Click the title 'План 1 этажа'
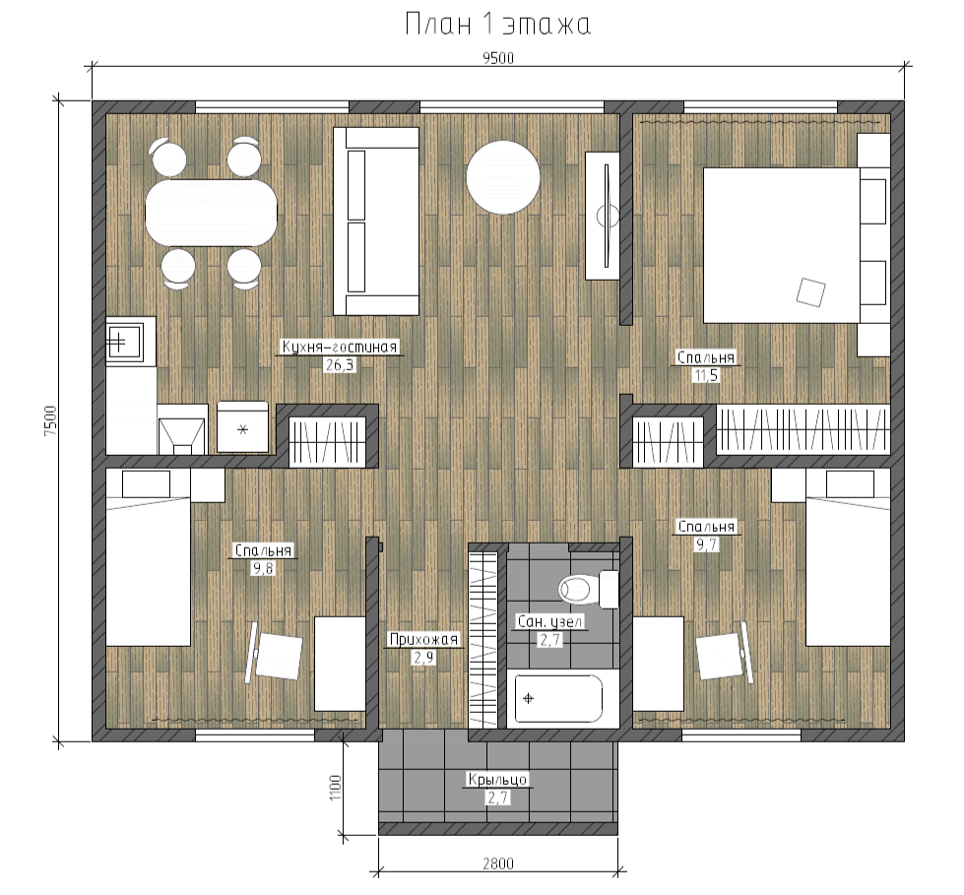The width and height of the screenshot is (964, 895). pyautogui.click(x=498, y=26)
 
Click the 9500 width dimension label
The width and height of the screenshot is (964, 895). pyautogui.click(x=498, y=58)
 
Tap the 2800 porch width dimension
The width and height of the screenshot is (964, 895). pyautogui.click(x=498, y=863)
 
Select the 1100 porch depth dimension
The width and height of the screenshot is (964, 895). pyautogui.click(x=335, y=788)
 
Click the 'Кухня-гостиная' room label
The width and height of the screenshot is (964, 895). pyautogui.click(x=340, y=347)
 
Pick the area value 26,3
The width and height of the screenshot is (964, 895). pyautogui.click(x=340, y=365)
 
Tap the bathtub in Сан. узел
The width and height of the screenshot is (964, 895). pyautogui.click(x=558, y=698)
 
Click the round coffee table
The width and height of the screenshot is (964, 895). pyautogui.click(x=503, y=177)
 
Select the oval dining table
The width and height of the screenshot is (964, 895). pyautogui.click(x=211, y=213)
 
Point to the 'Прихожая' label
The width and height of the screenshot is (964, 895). pyautogui.click(x=423, y=640)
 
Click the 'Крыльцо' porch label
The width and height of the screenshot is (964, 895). pyautogui.click(x=497, y=780)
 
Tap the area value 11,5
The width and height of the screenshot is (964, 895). pyautogui.click(x=706, y=375)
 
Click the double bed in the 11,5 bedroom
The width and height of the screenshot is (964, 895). pyautogui.click(x=782, y=245)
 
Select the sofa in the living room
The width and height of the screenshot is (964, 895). pyautogui.click(x=376, y=222)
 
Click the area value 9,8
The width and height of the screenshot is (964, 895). pyautogui.click(x=263, y=568)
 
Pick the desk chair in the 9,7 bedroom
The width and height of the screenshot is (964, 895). pyautogui.click(x=724, y=655)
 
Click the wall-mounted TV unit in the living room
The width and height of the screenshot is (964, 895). pyautogui.click(x=602, y=216)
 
